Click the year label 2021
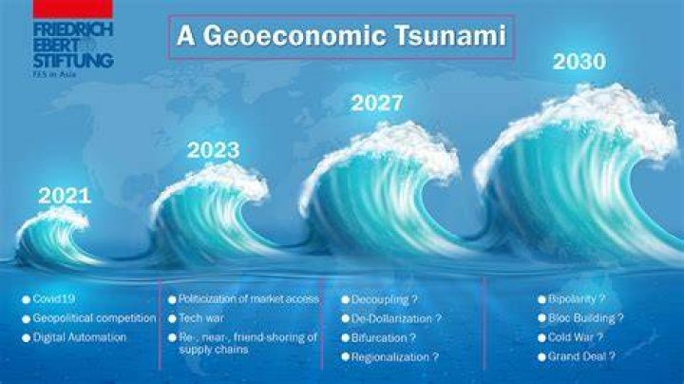(65, 197)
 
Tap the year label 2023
(214, 150)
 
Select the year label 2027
(377, 104)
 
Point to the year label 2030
(579, 62)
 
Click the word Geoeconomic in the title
(294, 35)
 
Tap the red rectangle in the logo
(73, 10)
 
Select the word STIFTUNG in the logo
(73, 60)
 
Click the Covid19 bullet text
(53, 298)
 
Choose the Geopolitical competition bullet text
(94, 318)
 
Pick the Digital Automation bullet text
(80, 337)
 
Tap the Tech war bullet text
(201, 318)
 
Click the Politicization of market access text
(249, 298)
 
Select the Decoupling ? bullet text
(385, 299)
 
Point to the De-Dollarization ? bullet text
(396, 318)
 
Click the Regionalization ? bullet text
(395, 357)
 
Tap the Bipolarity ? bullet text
(577, 298)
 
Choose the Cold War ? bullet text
(576, 337)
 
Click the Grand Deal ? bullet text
(581, 356)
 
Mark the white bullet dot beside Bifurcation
(346, 338)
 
